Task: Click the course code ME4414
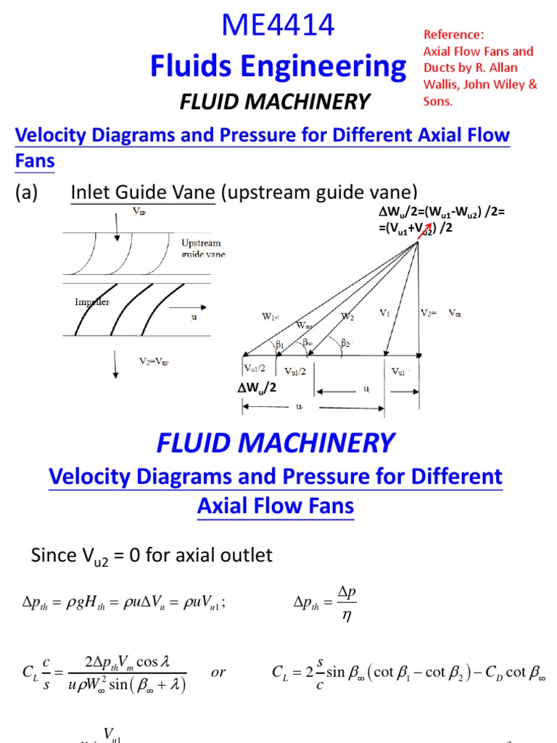coord(278,26)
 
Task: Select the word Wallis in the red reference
coord(442,84)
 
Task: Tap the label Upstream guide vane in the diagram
coord(201,247)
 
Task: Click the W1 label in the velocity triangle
coord(270,316)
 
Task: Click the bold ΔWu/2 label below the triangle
coord(258,387)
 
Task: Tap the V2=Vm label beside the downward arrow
coord(156,359)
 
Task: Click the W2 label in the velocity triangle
coord(347,316)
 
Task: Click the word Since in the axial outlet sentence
coord(54,556)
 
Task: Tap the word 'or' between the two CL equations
coord(219,672)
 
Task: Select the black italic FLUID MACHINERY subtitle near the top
coord(275,102)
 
